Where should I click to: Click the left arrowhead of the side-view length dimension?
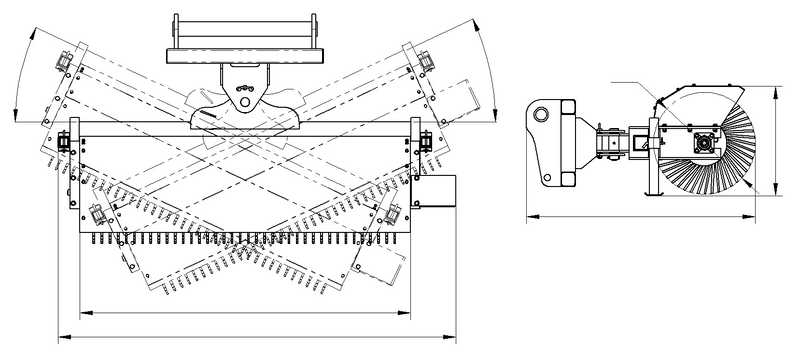point(530,214)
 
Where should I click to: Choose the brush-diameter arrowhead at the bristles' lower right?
point(749,193)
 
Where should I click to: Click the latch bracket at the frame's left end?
point(63,146)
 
